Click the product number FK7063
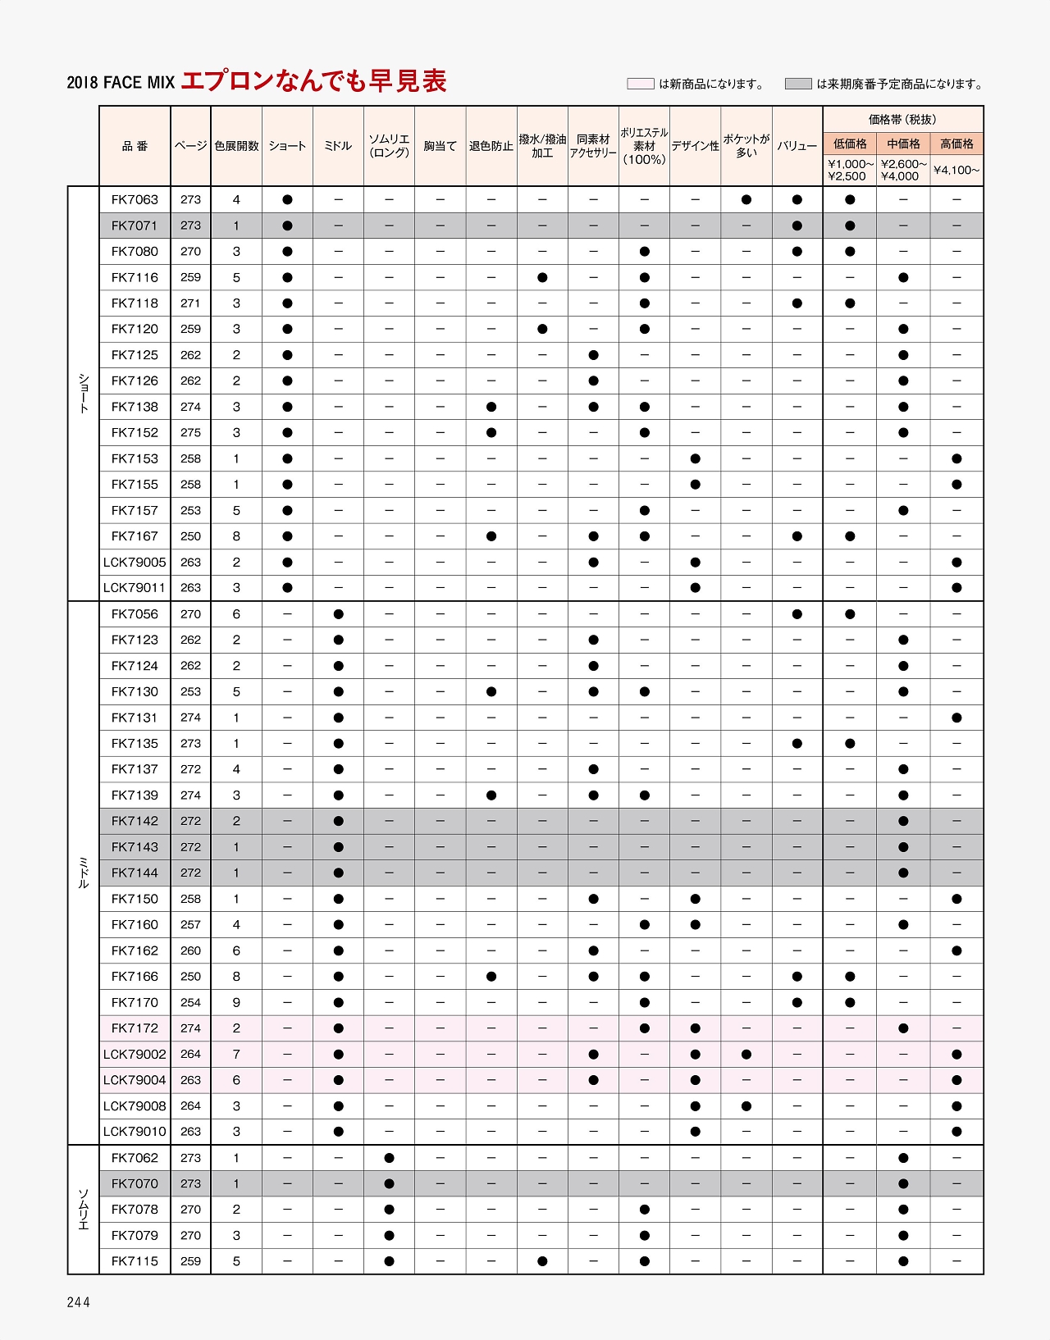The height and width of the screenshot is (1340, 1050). pos(135,199)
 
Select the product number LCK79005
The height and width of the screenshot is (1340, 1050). pos(135,563)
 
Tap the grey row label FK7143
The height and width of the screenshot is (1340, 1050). pos(135,847)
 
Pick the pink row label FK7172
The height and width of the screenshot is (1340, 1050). pos(135,1028)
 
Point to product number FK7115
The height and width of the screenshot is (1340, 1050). pos(135,1261)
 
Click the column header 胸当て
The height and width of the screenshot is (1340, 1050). pos(440,146)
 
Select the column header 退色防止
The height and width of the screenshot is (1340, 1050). pos(491,146)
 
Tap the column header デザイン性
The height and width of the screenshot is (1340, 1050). pos(695,146)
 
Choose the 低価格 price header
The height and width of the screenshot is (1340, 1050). pos(850,144)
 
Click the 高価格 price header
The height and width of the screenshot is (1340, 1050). pos(956,144)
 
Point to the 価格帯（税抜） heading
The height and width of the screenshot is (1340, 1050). pos(902,120)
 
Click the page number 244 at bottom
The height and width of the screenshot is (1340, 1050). pos(79,1302)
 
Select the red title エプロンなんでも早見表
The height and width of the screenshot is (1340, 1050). pos(313,81)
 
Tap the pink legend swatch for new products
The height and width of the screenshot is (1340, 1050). pos(640,84)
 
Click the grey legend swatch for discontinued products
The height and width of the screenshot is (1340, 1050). pos(797,84)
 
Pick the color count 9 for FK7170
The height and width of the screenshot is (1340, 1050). pos(236,1002)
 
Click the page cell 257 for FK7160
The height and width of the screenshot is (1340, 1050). pos(190,925)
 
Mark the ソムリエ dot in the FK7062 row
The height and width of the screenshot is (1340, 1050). pos(389,1158)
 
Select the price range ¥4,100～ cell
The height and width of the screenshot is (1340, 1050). pos(956,171)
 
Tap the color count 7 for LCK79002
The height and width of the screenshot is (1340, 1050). pos(236,1055)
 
